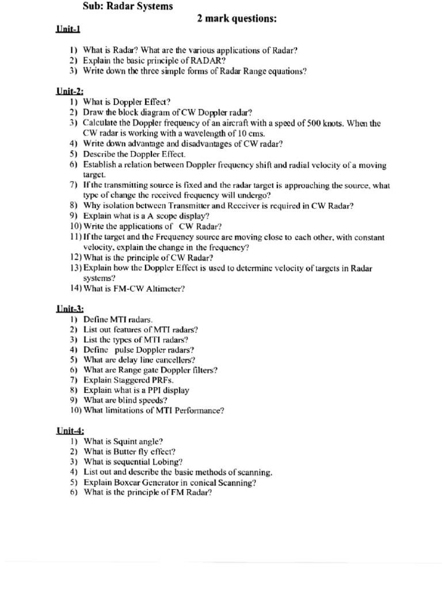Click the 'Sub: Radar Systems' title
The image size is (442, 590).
[x=128, y=6]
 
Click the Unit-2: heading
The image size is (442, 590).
[x=70, y=90]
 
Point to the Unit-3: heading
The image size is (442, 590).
[x=70, y=308]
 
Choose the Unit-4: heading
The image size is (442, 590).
[x=70, y=430]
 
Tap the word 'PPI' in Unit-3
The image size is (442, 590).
[x=154, y=390]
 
